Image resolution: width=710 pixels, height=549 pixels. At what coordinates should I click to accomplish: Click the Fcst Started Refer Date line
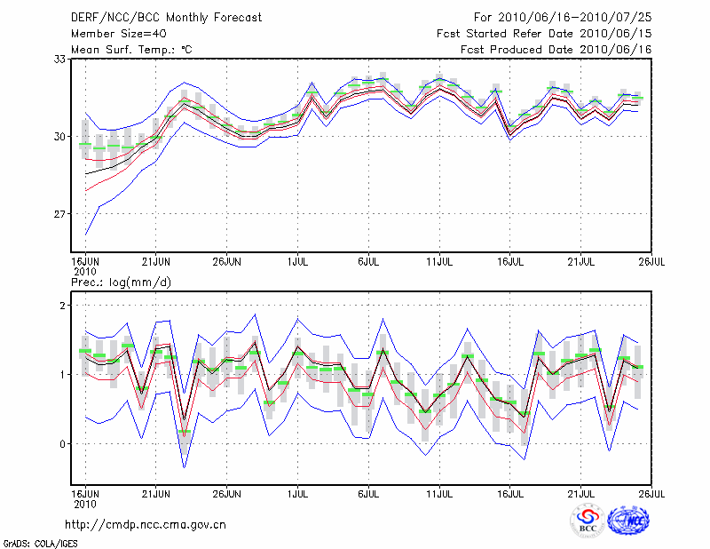(x=544, y=34)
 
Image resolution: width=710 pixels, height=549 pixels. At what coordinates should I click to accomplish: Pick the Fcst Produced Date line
(x=544, y=50)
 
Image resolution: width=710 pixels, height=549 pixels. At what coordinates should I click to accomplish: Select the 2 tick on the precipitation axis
(x=65, y=306)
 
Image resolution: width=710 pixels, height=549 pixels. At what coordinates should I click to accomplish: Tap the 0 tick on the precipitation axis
(x=65, y=444)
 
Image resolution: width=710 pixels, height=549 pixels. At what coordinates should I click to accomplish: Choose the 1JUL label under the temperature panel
(x=297, y=262)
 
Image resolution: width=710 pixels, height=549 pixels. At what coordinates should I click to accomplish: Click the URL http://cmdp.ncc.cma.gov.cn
(x=146, y=525)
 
